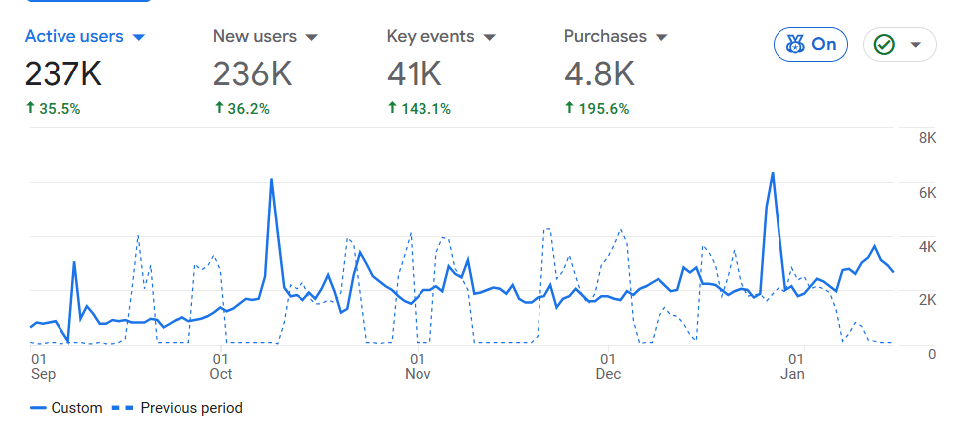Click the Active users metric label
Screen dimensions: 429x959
(73, 36)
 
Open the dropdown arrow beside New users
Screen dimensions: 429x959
(311, 37)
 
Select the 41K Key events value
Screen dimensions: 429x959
(414, 73)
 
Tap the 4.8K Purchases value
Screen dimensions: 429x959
(598, 73)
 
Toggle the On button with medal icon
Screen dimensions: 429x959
(811, 44)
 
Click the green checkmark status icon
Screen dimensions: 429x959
(884, 45)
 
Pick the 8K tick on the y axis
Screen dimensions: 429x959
(928, 138)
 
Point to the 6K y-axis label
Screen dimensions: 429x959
(928, 193)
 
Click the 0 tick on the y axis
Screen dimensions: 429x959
(932, 355)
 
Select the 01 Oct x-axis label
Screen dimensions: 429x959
(220, 366)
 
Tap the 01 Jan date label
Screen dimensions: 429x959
(793, 366)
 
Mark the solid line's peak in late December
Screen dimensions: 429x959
(773, 173)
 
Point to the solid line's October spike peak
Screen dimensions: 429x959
(271, 180)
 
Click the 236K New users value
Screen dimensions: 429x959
(252, 73)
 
